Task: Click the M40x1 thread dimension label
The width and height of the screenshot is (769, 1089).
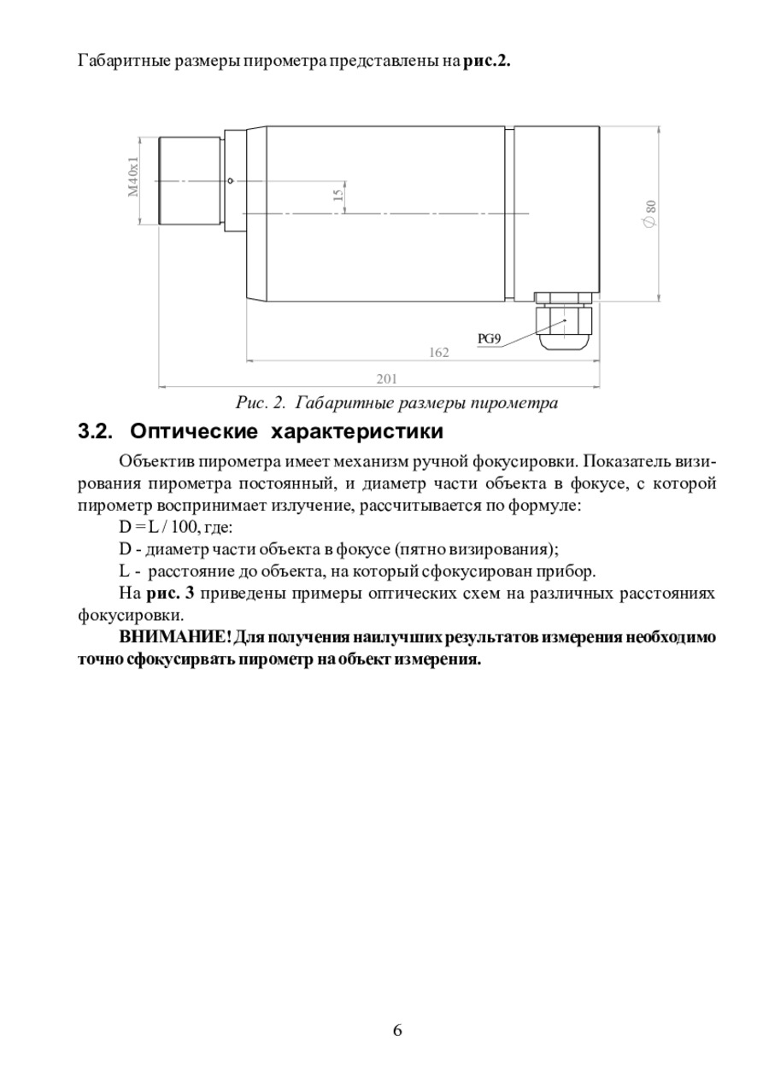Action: click(x=133, y=177)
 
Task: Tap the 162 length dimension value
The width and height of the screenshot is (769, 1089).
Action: click(x=438, y=352)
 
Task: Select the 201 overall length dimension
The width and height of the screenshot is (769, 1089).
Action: click(x=386, y=378)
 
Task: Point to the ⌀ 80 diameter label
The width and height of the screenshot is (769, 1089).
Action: click(x=650, y=214)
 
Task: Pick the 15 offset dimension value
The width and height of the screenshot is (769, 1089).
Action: click(x=338, y=196)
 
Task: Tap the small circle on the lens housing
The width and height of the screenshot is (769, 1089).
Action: click(x=231, y=180)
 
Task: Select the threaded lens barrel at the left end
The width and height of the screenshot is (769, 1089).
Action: click(x=190, y=180)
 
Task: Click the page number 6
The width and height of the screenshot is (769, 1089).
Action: click(x=397, y=1029)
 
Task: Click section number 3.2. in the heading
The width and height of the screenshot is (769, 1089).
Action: click(x=97, y=430)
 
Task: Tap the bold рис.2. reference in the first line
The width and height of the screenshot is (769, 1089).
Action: click(x=486, y=61)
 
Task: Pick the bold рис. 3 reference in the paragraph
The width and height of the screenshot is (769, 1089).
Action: click(x=172, y=594)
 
